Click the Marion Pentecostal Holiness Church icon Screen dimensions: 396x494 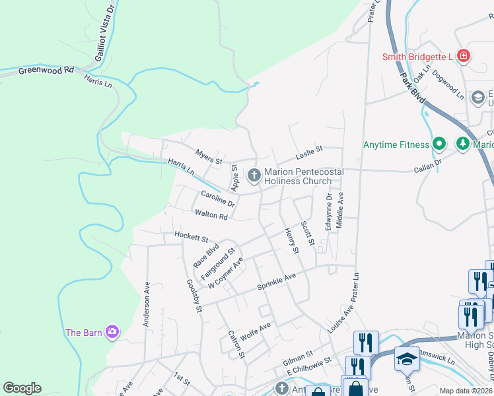(x=254, y=175)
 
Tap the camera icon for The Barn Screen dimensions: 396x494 (x=112, y=331)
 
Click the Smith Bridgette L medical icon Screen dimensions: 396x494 (x=464, y=56)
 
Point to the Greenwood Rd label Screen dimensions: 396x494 (x=46, y=69)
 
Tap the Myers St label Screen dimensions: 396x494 (x=209, y=156)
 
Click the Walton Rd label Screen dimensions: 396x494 (x=211, y=215)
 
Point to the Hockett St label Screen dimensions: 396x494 (x=191, y=236)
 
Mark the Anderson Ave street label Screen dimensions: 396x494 (x=147, y=304)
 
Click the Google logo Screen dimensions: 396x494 (x=22, y=388)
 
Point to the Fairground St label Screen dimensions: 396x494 (x=219, y=262)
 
